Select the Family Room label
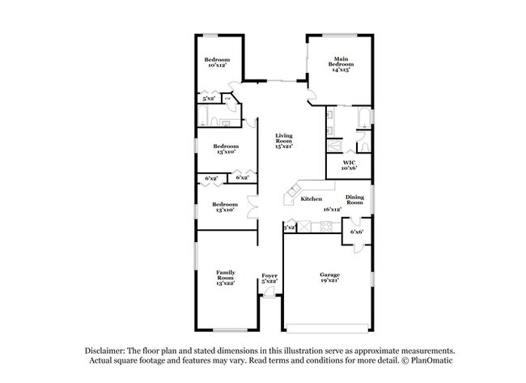click(x=224, y=277)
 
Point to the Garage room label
click(x=328, y=276)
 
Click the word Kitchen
click(x=312, y=198)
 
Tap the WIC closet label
click(x=349, y=162)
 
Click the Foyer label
click(x=269, y=276)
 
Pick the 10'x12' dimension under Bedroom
click(x=217, y=66)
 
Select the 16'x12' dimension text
click(x=332, y=209)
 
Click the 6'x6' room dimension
click(x=357, y=232)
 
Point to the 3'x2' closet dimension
click(x=289, y=229)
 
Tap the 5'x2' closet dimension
click(x=209, y=99)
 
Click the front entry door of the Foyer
click(x=269, y=298)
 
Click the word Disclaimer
click(x=111, y=349)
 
